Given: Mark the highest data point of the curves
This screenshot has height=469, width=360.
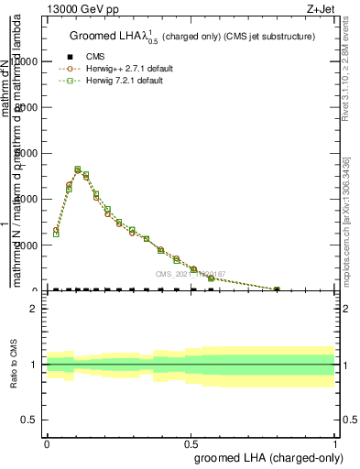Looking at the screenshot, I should pyautogui.click(x=78, y=169).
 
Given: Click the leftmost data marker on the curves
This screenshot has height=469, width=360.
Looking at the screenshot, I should pyautogui.click(x=56, y=232).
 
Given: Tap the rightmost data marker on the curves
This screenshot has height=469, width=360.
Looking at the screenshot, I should pyautogui.click(x=277, y=289).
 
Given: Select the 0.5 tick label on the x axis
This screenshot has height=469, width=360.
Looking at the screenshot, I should pyautogui.click(x=191, y=442).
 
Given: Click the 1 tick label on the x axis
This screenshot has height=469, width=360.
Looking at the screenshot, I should pyautogui.click(x=336, y=442).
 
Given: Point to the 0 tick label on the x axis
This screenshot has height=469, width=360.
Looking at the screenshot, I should pyautogui.click(x=47, y=442).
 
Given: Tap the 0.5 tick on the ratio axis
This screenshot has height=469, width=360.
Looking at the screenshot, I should pyautogui.click(x=29, y=420).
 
